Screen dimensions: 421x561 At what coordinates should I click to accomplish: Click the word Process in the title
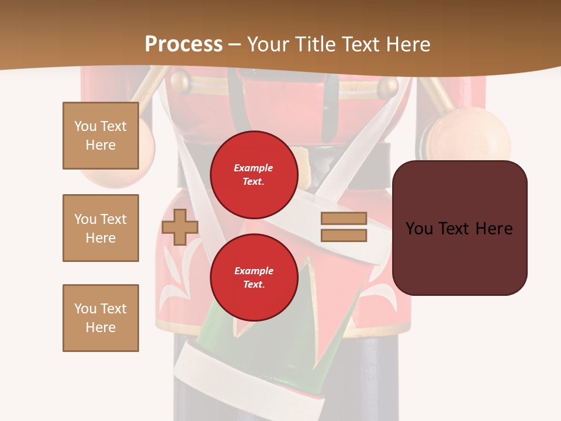click(183, 44)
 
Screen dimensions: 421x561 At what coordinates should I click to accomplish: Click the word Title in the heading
click(313, 44)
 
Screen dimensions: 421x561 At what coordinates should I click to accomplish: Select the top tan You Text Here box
click(101, 136)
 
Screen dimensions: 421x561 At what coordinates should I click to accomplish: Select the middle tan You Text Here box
click(101, 228)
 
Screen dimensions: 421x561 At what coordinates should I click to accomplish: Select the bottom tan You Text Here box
click(101, 318)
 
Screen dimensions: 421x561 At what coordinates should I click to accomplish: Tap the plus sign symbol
click(180, 227)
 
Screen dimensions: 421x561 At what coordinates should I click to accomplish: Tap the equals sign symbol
click(344, 227)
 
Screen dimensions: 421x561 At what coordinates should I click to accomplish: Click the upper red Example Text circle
click(254, 174)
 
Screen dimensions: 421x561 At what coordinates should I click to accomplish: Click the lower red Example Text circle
click(254, 277)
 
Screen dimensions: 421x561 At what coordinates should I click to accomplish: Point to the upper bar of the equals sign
click(344, 218)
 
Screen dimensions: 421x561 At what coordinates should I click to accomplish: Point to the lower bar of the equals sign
click(344, 236)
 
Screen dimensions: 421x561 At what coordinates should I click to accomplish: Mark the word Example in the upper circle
click(254, 168)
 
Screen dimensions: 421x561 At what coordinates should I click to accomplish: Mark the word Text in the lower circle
click(254, 284)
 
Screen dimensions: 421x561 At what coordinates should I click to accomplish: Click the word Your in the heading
click(268, 44)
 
